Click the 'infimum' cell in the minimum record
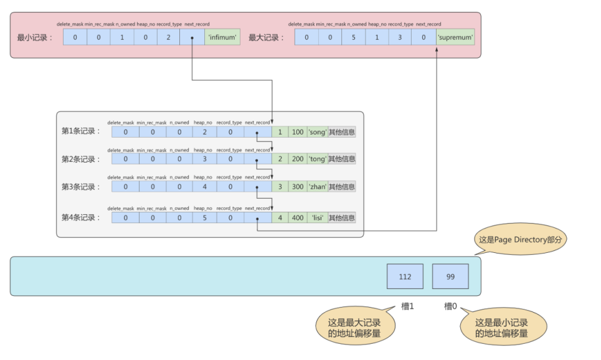tap(222, 37)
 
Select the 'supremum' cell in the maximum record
tap(455, 37)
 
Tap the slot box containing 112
tap(405, 276)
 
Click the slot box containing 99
tap(450, 276)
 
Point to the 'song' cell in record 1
tap(317, 132)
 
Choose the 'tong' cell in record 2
tap(317, 159)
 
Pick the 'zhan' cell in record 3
tap(317, 187)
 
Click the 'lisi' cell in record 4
tap(317, 218)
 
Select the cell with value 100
tap(297, 132)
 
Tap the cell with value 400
tap(297, 218)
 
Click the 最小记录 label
tap(35, 37)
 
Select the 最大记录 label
tap(266, 37)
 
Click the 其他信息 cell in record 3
tap(342, 187)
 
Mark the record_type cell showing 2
tap(168, 37)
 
